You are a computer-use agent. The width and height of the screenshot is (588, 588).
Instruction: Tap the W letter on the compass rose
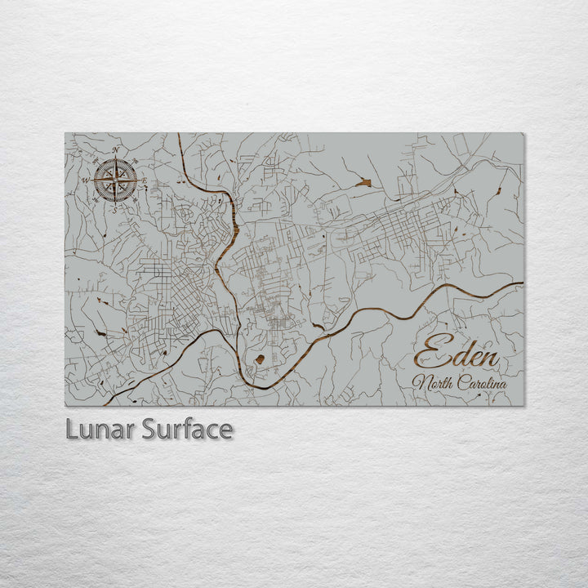pos(85,180)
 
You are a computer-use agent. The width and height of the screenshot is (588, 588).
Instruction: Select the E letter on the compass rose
pos(145,180)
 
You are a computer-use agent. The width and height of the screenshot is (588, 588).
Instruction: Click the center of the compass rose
pos(115,180)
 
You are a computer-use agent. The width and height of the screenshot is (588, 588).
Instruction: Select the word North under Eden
pos(436,383)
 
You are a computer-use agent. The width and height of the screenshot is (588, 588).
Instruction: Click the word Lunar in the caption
pos(100,429)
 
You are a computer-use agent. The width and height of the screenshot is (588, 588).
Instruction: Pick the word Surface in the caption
pos(187,429)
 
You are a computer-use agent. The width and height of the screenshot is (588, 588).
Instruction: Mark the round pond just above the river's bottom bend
pos(260,359)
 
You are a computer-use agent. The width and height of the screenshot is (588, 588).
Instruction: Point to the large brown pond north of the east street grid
pos(363,183)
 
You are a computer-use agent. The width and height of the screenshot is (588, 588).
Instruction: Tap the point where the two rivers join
pos(238,334)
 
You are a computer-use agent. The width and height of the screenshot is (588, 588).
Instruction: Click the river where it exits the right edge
pos(521,283)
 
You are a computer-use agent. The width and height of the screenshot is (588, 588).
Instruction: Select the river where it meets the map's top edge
pos(178,135)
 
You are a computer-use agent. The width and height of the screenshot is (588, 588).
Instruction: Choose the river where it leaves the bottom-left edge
pos(108,403)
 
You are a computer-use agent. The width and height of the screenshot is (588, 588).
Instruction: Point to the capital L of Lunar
pos(71,429)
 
